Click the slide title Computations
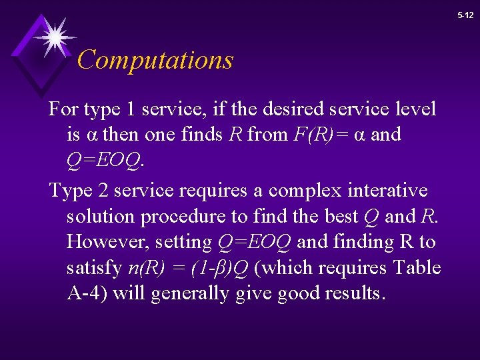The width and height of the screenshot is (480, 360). click(x=155, y=60)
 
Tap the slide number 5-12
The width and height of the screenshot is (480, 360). click(x=465, y=15)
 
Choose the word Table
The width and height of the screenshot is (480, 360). click(x=417, y=268)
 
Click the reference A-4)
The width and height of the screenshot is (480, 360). click(x=86, y=294)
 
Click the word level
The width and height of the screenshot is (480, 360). click(x=417, y=108)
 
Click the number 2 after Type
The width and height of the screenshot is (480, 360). click(x=104, y=191)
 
